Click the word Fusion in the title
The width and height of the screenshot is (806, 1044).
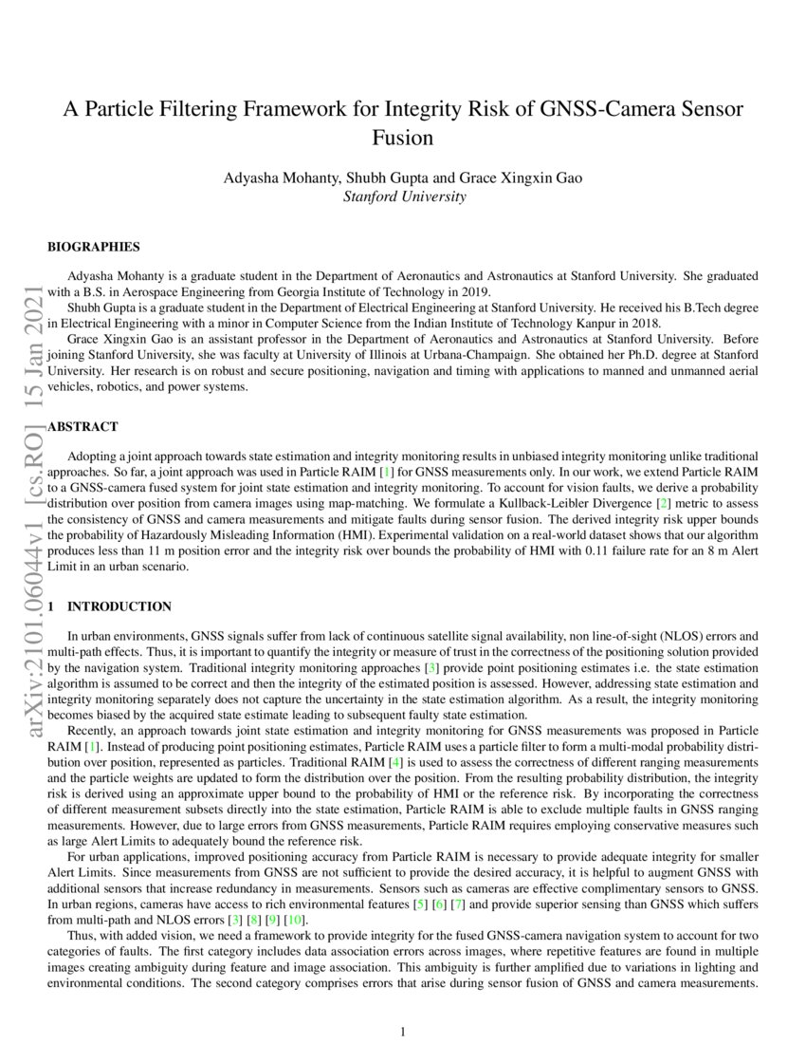click(403, 137)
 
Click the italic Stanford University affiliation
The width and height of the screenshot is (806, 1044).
click(403, 196)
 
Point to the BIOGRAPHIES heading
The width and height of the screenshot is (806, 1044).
click(94, 247)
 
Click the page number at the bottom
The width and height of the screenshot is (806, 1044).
click(403, 1032)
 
